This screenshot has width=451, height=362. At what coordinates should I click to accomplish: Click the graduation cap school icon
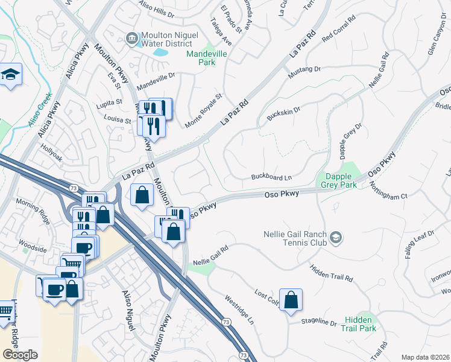(x=10, y=75)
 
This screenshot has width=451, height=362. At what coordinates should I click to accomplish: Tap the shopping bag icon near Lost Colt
(x=291, y=300)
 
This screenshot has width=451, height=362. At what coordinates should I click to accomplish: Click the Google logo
(x=20, y=355)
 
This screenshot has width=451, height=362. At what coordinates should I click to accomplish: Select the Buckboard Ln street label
(x=271, y=177)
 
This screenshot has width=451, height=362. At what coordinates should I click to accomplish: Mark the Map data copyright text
(x=425, y=357)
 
